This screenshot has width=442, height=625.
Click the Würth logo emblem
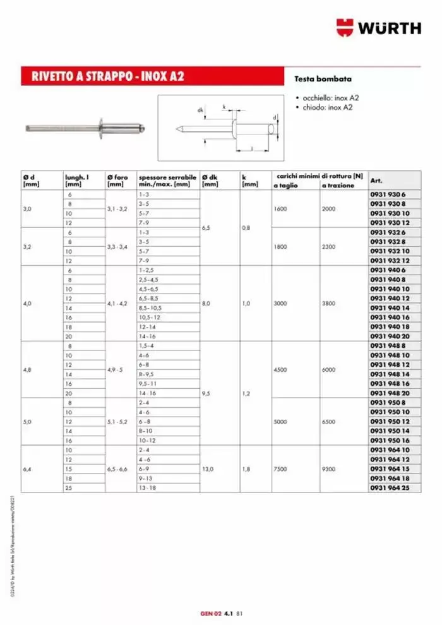345,27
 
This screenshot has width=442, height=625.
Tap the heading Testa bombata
323,80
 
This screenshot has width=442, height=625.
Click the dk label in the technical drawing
200,110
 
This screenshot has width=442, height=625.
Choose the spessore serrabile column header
167,181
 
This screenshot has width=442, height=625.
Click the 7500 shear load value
280,468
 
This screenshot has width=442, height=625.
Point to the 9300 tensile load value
329,468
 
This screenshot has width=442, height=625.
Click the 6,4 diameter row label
27,468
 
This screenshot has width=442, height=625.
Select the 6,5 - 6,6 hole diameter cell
117,468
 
